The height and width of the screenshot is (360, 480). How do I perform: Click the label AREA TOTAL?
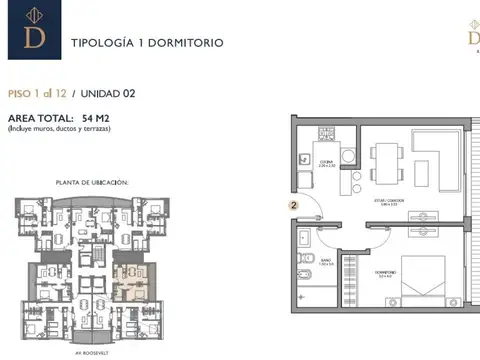point(38,119)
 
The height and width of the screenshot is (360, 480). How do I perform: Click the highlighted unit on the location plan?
point(128,272)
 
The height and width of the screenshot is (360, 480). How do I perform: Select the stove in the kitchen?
point(324,134)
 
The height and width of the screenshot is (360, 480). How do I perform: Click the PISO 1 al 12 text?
point(36,94)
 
